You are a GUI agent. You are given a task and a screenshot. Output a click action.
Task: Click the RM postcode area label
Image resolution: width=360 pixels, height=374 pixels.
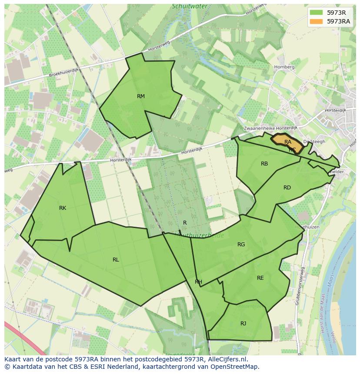coord(140,96)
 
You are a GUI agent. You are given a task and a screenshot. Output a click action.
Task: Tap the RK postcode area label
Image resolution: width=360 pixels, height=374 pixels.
coord(63,208)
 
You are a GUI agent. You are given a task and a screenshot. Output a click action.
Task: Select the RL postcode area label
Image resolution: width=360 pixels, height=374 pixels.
coord(116,260)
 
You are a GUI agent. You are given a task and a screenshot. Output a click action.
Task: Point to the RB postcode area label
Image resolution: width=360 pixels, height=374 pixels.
coord(264,164)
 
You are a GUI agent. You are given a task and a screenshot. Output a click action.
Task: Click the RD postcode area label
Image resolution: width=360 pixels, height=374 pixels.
coord(287,188)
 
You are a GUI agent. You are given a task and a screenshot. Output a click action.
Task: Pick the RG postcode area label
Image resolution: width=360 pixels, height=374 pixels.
coord(241,245)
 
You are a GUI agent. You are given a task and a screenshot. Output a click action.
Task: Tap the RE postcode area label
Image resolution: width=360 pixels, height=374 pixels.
coord(260,278)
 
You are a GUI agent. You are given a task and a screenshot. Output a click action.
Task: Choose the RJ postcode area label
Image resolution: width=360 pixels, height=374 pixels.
coord(243,323)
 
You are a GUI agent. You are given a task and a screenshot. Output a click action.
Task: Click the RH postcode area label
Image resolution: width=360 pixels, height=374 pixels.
coord(198,282)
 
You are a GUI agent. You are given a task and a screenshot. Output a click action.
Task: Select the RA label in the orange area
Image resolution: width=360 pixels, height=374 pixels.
coord(287,142)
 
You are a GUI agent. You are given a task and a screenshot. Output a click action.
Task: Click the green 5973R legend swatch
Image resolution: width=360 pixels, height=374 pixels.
coord(317,13)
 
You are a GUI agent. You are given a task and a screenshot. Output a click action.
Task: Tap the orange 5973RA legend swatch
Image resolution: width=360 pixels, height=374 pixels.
coord(317,21)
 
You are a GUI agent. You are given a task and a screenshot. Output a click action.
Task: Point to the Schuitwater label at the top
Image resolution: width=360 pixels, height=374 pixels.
coord(190,7)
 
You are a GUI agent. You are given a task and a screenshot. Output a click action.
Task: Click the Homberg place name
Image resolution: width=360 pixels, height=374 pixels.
coord(284,67)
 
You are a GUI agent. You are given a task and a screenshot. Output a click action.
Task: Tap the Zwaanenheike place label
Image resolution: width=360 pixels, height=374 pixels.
coord(259,129)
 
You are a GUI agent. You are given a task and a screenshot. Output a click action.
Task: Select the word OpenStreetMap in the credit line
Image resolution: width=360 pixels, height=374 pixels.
coord(234,367)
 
